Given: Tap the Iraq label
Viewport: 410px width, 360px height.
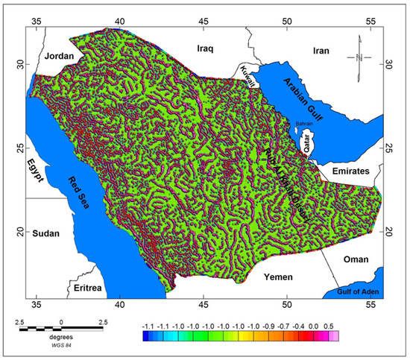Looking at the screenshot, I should pyautogui.click(x=205, y=48).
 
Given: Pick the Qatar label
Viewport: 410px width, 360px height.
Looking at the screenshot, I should pyautogui.click(x=305, y=141).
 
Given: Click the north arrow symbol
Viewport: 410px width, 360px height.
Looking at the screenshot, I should pyautogui.click(x=359, y=57).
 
